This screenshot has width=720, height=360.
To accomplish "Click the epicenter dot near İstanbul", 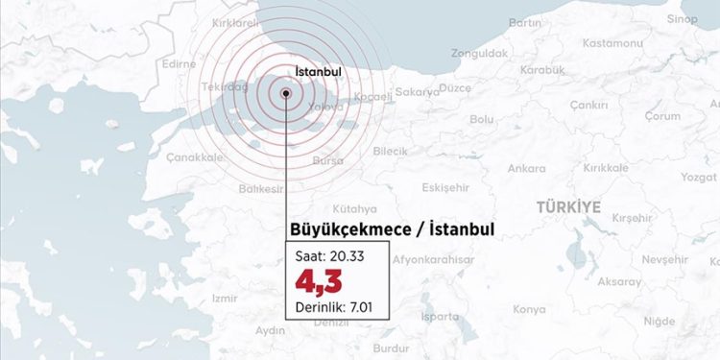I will (x=286, y=93).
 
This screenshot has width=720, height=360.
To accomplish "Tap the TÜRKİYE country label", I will (x=568, y=206).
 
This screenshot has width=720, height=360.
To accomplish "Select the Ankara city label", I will (x=527, y=169).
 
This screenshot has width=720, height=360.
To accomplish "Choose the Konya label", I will (x=529, y=310).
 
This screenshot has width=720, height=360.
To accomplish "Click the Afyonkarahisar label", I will (x=435, y=260).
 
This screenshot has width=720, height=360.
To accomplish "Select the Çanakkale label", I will (x=196, y=156).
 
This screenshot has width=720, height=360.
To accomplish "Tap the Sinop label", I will (x=683, y=19).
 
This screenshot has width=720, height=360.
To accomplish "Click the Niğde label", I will (x=659, y=322).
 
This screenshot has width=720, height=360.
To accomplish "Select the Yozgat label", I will (x=698, y=178).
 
